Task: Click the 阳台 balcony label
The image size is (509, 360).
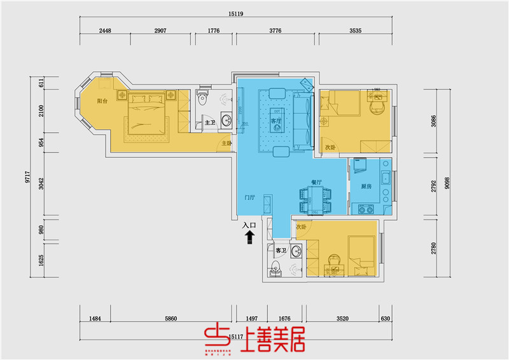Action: coord(102,101)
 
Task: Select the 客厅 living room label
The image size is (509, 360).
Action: coord(275,121)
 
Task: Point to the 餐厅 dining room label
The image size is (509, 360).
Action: coord(317,183)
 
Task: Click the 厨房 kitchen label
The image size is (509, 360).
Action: coord(366,187)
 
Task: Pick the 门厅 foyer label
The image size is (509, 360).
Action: coord(249,197)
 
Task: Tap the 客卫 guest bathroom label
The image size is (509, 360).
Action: coord(281,251)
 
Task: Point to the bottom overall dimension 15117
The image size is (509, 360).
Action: coord(235,336)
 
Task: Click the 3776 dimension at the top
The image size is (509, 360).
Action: coord(275,30)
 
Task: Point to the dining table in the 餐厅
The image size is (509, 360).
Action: coord(316,198)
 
